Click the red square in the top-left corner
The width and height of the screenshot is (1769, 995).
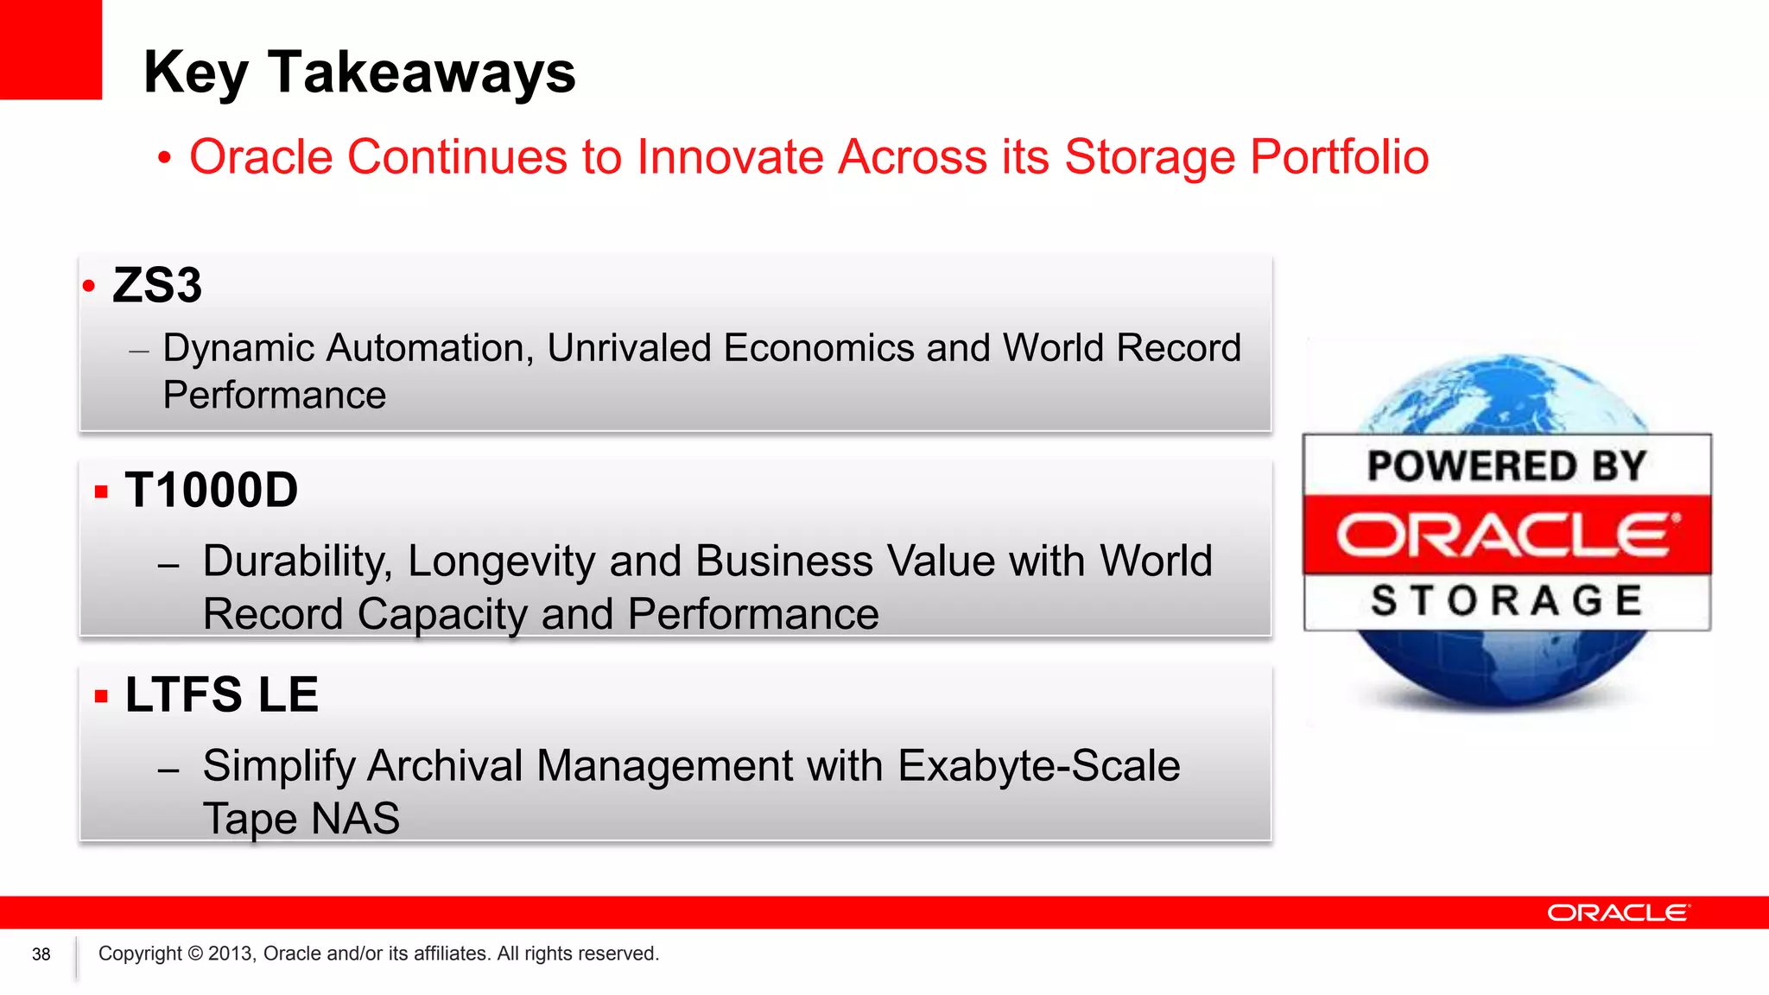tap(50, 49)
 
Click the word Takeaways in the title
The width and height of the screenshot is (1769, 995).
tap(422, 73)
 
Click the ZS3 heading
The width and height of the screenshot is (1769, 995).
tap(157, 285)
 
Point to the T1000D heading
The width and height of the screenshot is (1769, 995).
tap(212, 491)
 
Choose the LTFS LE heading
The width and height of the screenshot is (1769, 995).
tap(222, 694)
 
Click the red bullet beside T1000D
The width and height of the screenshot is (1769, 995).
tap(102, 492)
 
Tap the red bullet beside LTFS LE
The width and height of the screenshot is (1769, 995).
tap(102, 696)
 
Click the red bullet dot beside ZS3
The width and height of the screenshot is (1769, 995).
tap(89, 286)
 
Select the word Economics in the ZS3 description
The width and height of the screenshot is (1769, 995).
tap(819, 348)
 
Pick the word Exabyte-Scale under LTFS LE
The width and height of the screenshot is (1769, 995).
tap(1038, 765)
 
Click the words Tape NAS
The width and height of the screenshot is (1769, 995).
tap(301, 818)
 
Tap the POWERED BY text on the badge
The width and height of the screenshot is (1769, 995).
tap(1506, 466)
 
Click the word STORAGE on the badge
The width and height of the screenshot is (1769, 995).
tap(1506, 600)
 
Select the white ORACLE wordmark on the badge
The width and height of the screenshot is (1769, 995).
tap(1506, 535)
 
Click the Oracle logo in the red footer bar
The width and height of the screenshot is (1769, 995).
tap(1618, 913)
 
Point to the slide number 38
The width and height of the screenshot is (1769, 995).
tap(41, 954)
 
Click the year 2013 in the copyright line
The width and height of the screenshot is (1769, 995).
tap(231, 954)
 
